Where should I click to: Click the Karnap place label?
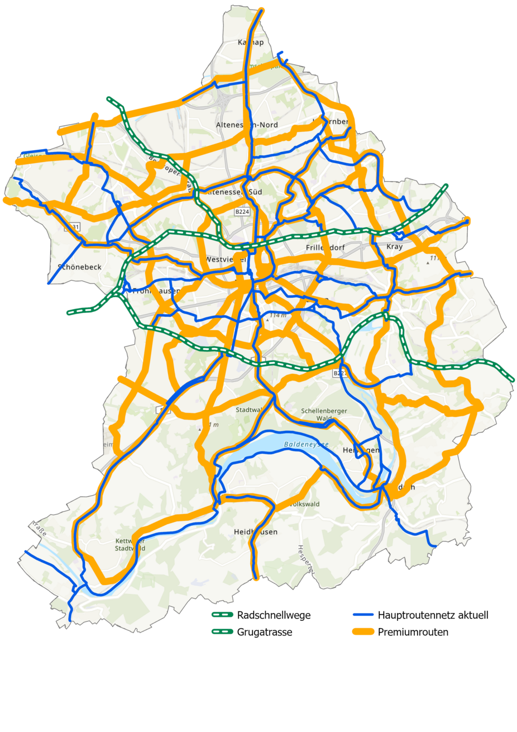tap(250, 42)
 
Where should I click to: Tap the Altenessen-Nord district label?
tap(247, 125)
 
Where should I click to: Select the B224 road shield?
tap(242, 212)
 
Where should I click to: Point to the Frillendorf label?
tap(325, 247)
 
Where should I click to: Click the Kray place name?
tap(394, 246)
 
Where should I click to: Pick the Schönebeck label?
tap(80, 267)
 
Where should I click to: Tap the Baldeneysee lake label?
tap(306, 445)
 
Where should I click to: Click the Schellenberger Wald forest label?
tap(324, 414)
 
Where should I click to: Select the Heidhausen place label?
tap(256, 532)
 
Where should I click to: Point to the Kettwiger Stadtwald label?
tap(130, 545)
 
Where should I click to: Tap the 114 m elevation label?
tap(277, 316)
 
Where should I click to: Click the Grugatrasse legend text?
tap(264, 632)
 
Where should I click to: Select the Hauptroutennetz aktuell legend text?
tap(433, 615)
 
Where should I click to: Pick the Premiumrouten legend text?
tap(413, 632)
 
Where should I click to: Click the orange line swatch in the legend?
tap(363, 632)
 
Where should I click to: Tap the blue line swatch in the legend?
tap(363, 615)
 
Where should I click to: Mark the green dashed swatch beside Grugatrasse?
tap(222, 632)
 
